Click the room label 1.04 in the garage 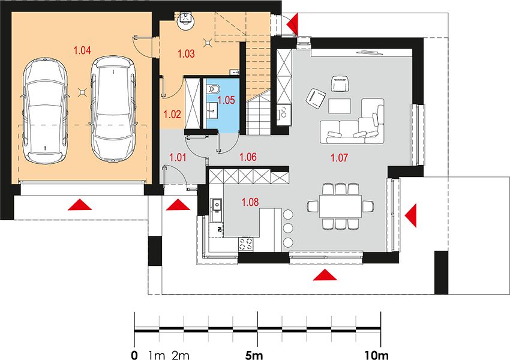click(x=82, y=50)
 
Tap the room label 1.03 click(x=186, y=53)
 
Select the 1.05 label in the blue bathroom click(x=226, y=100)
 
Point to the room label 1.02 click(x=172, y=115)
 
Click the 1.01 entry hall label click(x=178, y=158)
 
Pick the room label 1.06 click(x=248, y=157)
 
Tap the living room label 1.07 click(x=339, y=158)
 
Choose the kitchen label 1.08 click(x=250, y=202)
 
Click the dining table click(x=341, y=206)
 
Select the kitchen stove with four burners click(x=246, y=244)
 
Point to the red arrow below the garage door click(x=80, y=205)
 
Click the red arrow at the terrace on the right click(x=411, y=215)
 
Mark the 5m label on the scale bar click(x=254, y=355)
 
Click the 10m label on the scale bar click(x=376, y=355)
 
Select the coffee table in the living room click(x=340, y=106)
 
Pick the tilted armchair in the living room click(x=316, y=98)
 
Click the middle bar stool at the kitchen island click(x=288, y=228)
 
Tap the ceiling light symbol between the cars click(x=83, y=93)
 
